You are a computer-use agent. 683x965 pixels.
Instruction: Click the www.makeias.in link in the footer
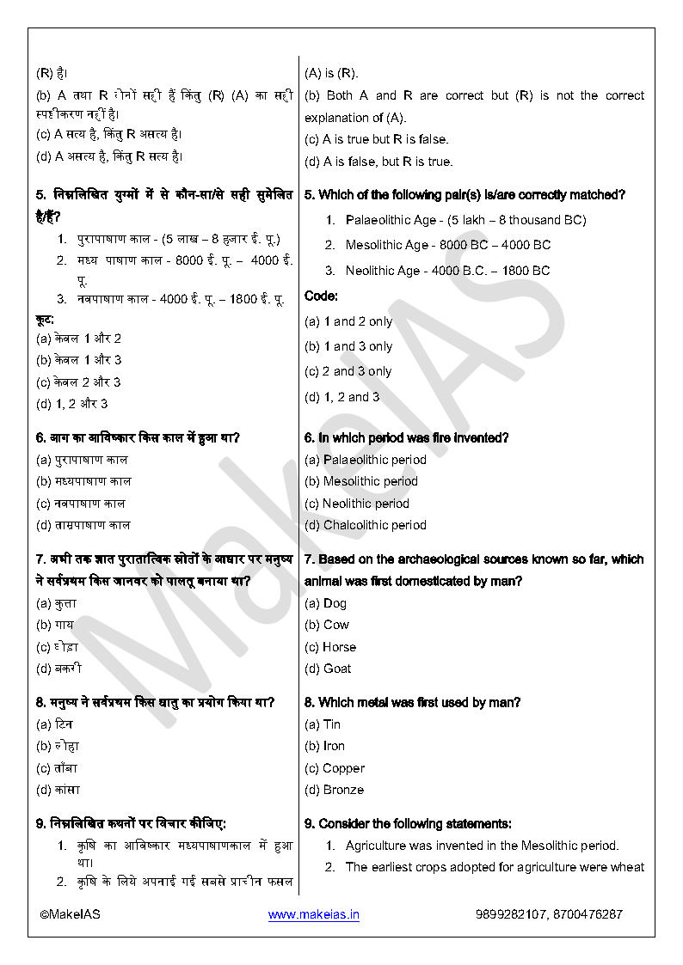pos(313,915)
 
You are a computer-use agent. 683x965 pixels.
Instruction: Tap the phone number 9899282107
pos(510,915)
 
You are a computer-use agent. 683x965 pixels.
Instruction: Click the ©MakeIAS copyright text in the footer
pos(70,915)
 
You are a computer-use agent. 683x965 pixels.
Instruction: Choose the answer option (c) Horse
pos(330,647)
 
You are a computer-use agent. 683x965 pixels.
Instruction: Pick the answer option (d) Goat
pos(328,669)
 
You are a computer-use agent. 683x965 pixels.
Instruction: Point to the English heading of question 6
pos(407,437)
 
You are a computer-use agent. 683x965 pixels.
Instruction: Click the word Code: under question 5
pos(321,296)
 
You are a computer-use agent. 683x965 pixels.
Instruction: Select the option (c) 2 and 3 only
pos(348,371)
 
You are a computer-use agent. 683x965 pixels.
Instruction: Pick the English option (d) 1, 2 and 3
pos(342,397)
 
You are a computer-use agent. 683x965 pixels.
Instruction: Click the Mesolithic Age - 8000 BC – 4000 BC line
pos(447,245)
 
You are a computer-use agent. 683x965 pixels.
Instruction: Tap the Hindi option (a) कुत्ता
pos(57,603)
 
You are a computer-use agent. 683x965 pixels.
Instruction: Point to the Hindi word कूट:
pos(45,319)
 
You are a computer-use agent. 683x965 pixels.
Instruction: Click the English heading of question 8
pos(412,702)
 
